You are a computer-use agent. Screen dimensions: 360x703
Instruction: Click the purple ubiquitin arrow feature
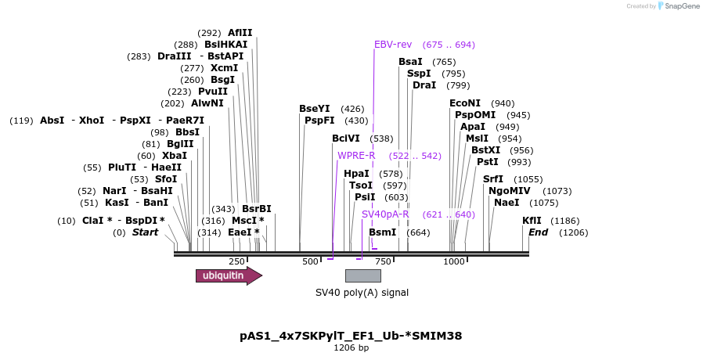[x=228, y=275]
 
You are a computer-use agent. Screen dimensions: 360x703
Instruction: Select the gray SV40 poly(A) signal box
[x=362, y=275]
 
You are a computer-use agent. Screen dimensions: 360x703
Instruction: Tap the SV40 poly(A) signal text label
[x=362, y=293]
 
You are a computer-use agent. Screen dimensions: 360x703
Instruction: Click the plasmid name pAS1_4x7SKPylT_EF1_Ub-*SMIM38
[x=351, y=336]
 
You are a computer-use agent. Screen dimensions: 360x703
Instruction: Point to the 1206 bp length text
[x=351, y=348]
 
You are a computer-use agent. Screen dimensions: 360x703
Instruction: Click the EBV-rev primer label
[x=393, y=45]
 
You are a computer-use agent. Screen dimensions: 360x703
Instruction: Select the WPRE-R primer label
[x=356, y=155]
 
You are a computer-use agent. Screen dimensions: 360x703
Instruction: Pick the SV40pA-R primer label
[x=385, y=214]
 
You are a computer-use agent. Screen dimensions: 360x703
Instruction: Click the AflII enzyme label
[x=240, y=33]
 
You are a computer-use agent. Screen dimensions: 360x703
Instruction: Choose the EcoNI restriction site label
[x=465, y=103]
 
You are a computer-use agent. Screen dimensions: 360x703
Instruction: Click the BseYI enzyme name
[x=315, y=109]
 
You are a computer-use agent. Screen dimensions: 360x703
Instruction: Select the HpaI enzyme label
[x=356, y=174]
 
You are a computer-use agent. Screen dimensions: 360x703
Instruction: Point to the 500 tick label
[x=311, y=261]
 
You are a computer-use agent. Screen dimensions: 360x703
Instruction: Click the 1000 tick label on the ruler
[x=454, y=261]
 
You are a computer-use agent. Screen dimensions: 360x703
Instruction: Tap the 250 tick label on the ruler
[x=236, y=261]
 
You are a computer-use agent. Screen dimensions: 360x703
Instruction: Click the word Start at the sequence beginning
[x=145, y=232]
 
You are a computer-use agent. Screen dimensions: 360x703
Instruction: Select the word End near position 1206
[x=538, y=232]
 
